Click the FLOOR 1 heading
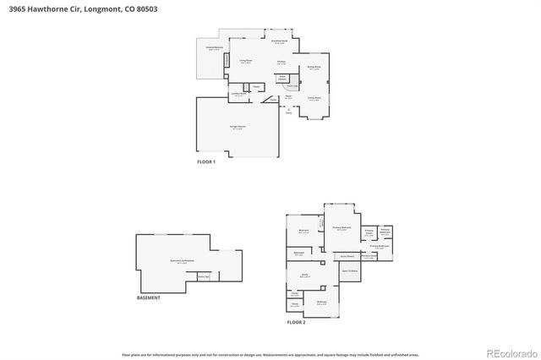[206, 161]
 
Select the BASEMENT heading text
[148, 297]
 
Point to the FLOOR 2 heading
[295, 323]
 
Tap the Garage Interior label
[238, 128]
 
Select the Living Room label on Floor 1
[245, 62]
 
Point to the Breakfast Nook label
[279, 41]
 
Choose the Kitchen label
[281, 62]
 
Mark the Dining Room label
[314, 68]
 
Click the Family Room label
[314, 99]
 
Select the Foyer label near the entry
[287, 96]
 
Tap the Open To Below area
[349, 271]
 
